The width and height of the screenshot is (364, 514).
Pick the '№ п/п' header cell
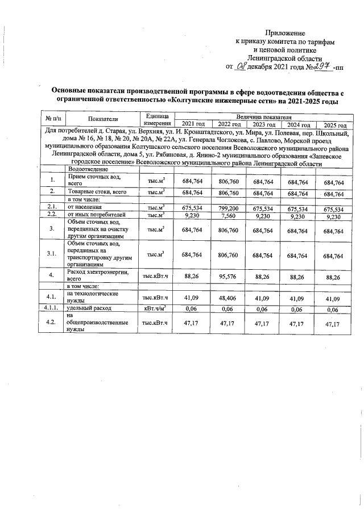[x=52, y=119]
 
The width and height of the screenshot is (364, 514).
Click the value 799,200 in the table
[x=230, y=208]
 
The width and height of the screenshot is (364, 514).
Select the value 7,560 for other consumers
[x=230, y=216]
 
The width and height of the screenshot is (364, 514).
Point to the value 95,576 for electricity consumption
[x=230, y=277]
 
